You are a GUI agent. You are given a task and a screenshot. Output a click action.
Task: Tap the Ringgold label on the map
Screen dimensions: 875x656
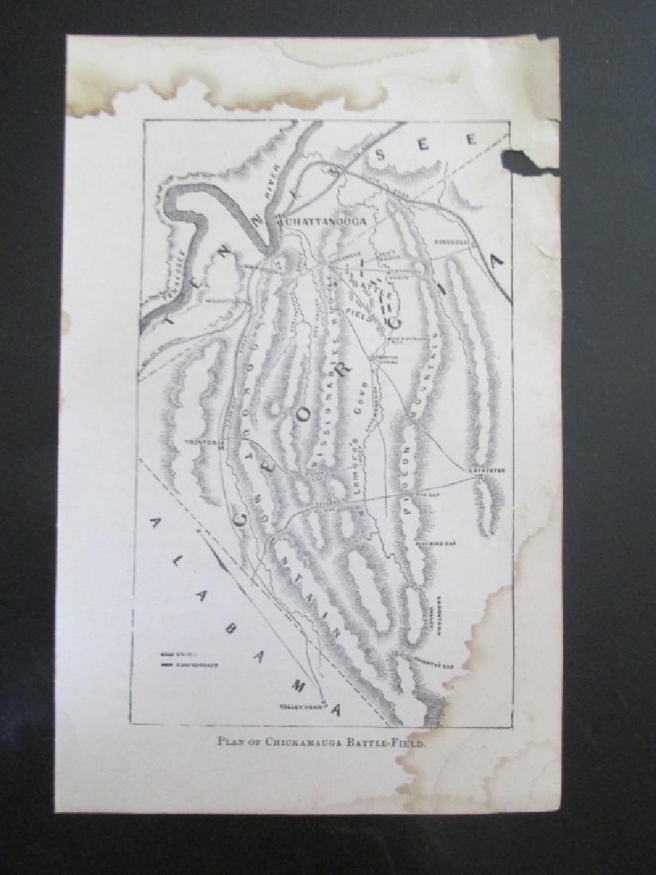(x=452, y=240)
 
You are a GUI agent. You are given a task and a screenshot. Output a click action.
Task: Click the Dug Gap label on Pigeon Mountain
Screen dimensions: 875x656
(x=427, y=492)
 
